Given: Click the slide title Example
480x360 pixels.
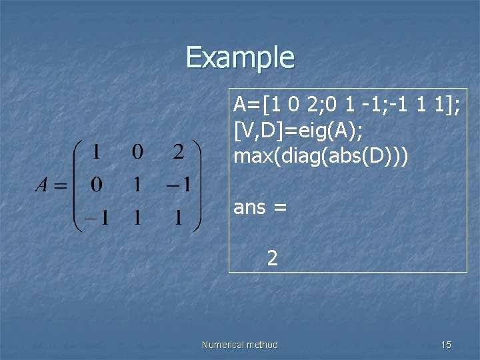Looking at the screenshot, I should tap(240, 57).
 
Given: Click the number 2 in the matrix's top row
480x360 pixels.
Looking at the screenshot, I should tap(179, 152).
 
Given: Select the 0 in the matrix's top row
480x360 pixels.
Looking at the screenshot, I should tap(137, 152).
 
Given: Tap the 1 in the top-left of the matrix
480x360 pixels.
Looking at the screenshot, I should tap(96, 152).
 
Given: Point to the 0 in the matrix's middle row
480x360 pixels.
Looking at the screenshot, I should tap(96, 185).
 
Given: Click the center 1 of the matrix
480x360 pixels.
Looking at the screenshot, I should tap(137, 185).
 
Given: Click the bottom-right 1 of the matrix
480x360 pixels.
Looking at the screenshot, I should tap(179, 217).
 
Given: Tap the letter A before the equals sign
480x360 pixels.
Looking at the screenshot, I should tap(42, 185).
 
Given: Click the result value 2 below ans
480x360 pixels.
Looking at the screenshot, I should tap(272, 257).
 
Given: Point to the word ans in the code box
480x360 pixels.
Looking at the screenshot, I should tap(249, 208).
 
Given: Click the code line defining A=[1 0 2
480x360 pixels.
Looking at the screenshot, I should tap(346, 105).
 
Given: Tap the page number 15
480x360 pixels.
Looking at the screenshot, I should tap(446, 345).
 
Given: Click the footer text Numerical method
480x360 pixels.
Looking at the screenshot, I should tap(239, 345).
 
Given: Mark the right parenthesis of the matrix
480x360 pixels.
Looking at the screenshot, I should tap(197, 185).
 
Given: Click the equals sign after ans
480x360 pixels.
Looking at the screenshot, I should tap(279, 209).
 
